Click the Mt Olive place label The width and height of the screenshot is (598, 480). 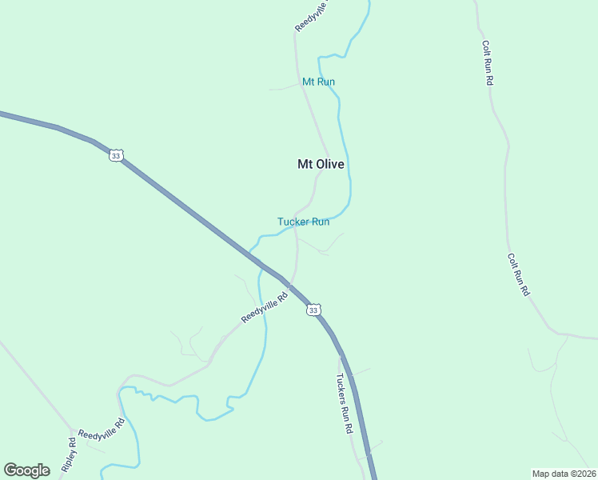click(x=321, y=164)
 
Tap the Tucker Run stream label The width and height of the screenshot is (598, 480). click(x=303, y=222)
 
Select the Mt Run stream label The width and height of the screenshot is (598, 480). click(x=318, y=82)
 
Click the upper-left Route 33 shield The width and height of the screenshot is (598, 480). click(x=116, y=156)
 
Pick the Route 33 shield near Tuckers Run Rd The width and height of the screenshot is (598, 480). click(x=313, y=310)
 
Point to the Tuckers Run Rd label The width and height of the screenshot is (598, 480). click(x=345, y=404)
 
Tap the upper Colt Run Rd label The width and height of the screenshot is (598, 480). click(x=487, y=64)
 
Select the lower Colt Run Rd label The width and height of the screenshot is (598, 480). click(x=517, y=275)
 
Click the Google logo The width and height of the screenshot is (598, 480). click(x=26, y=470)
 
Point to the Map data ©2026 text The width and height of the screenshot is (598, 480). click(x=564, y=473)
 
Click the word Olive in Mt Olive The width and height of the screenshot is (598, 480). click(x=330, y=164)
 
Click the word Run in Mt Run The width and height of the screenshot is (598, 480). click(x=325, y=82)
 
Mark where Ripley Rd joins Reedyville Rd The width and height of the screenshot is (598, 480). click(x=73, y=430)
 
